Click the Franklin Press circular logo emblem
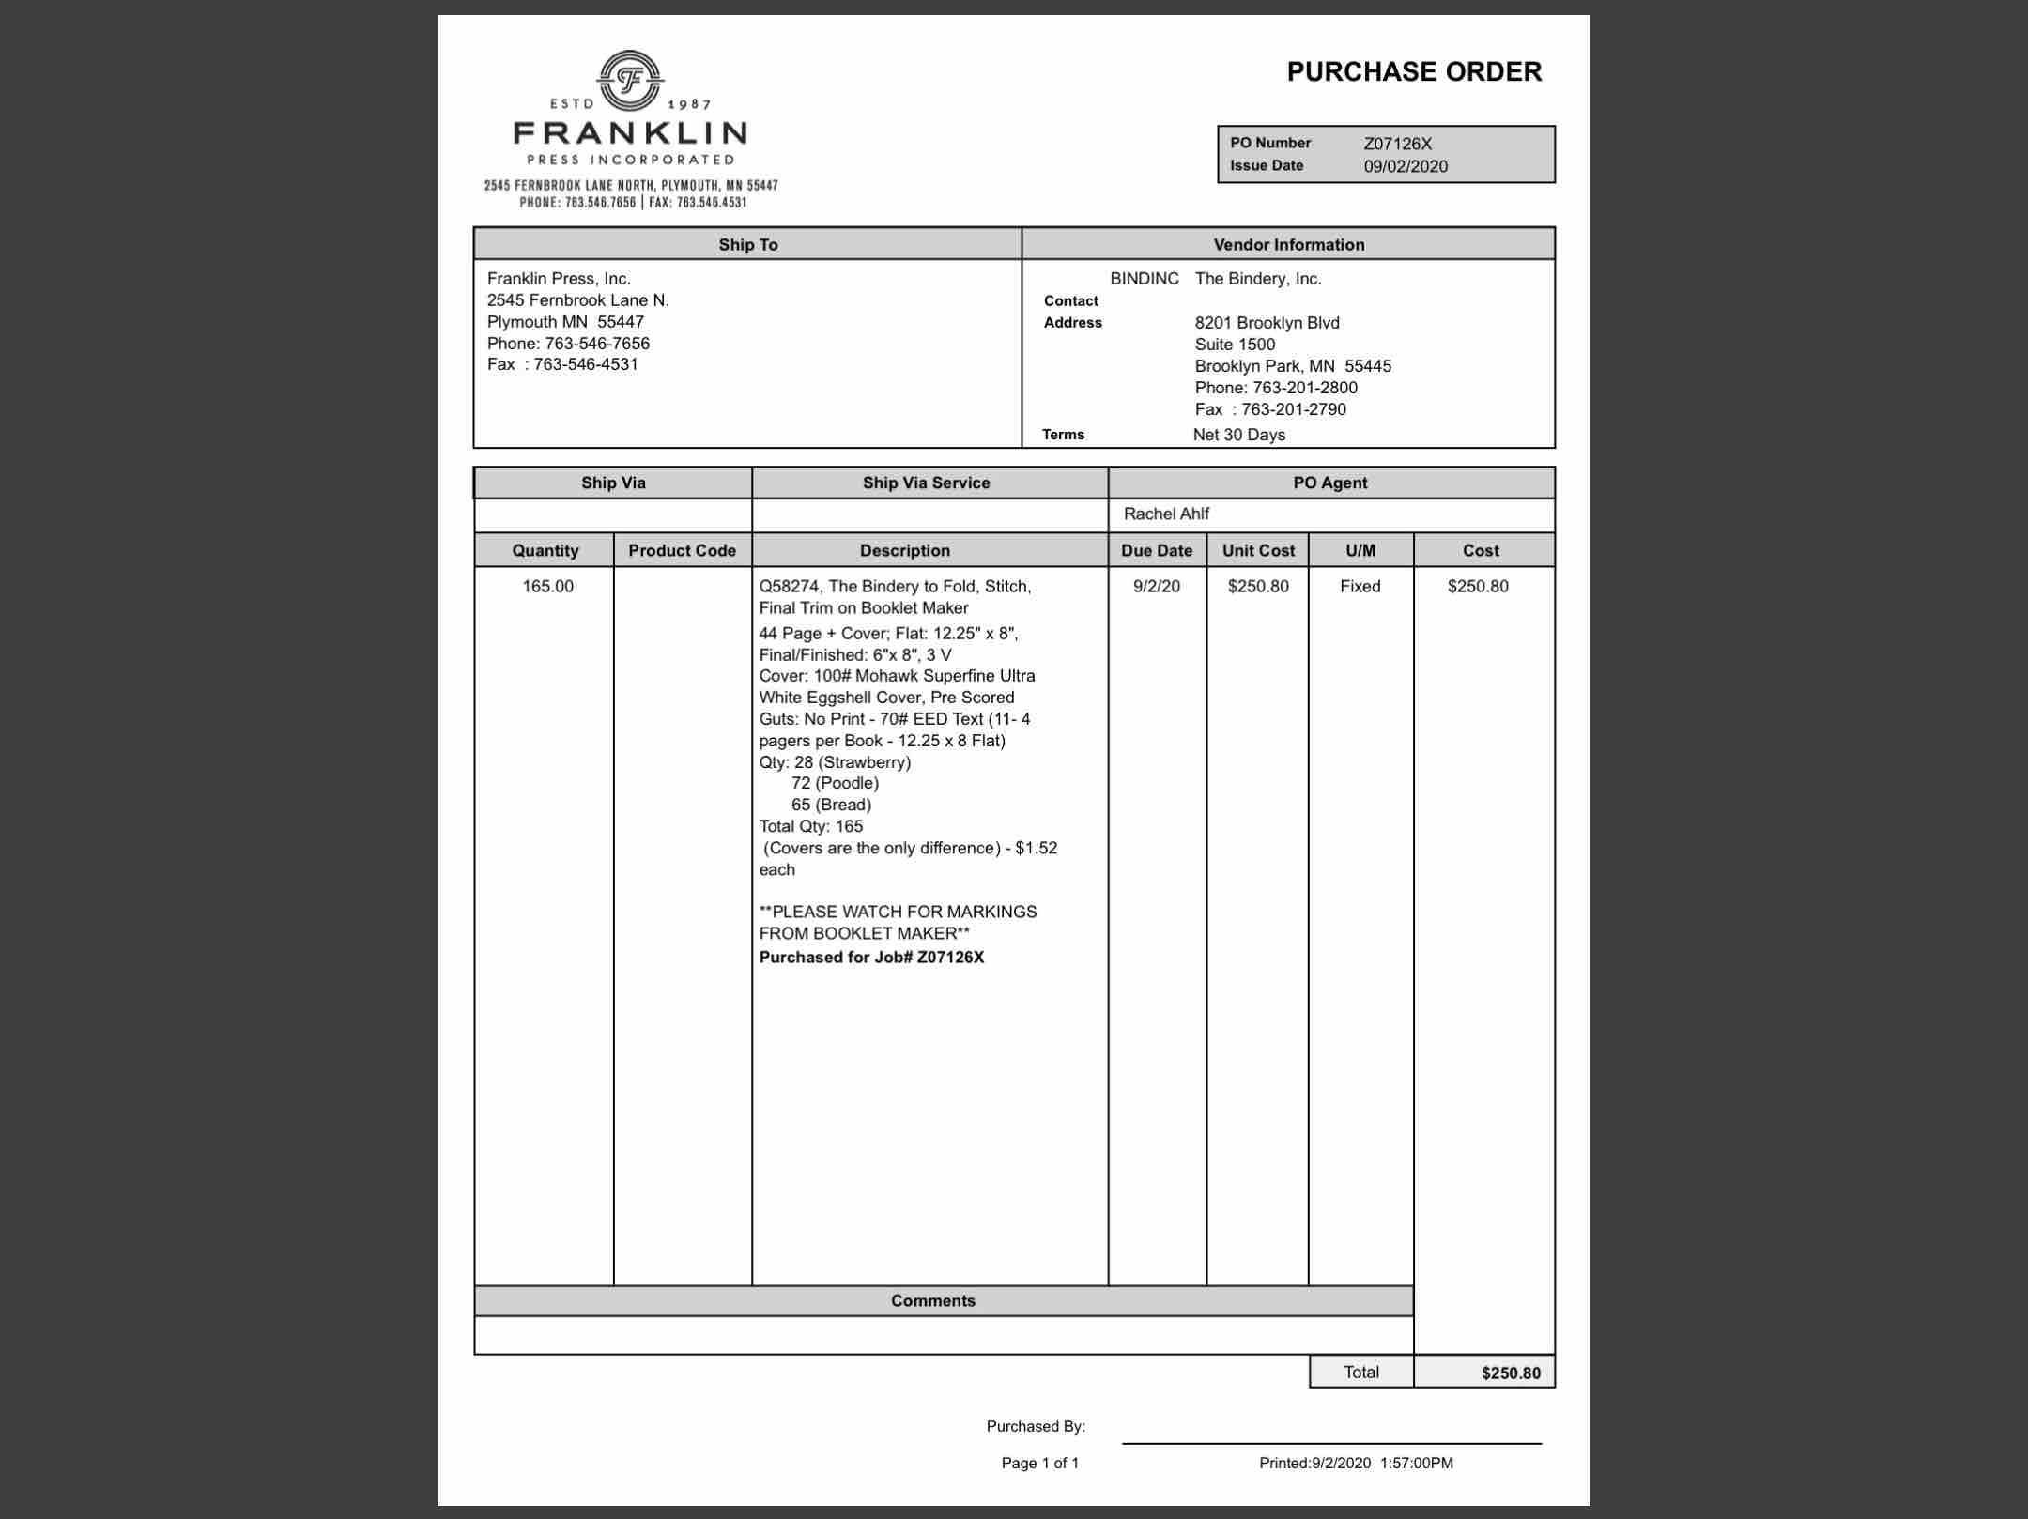coord(630,81)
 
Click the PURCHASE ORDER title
coord(1413,72)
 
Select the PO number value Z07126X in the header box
coord(1397,144)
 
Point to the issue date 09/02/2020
coord(1405,166)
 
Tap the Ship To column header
coord(747,244)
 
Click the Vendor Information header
coord(1288,244)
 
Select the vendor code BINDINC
coord(1144,279)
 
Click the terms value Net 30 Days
coord(1238,435)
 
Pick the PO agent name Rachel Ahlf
coord(1166,514)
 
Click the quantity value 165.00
coord(547,586)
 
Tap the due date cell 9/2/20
coord(1156,586)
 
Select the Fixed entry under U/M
coord(1360,586)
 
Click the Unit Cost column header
coord(1257,550)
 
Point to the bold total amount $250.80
coord(1510,1373)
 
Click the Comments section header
coord(932,1300)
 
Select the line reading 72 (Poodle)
coord(835,783)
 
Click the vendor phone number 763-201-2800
coord(1304,388)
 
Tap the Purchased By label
coord(1035,1426)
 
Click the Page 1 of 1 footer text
coord(1039,1463)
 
